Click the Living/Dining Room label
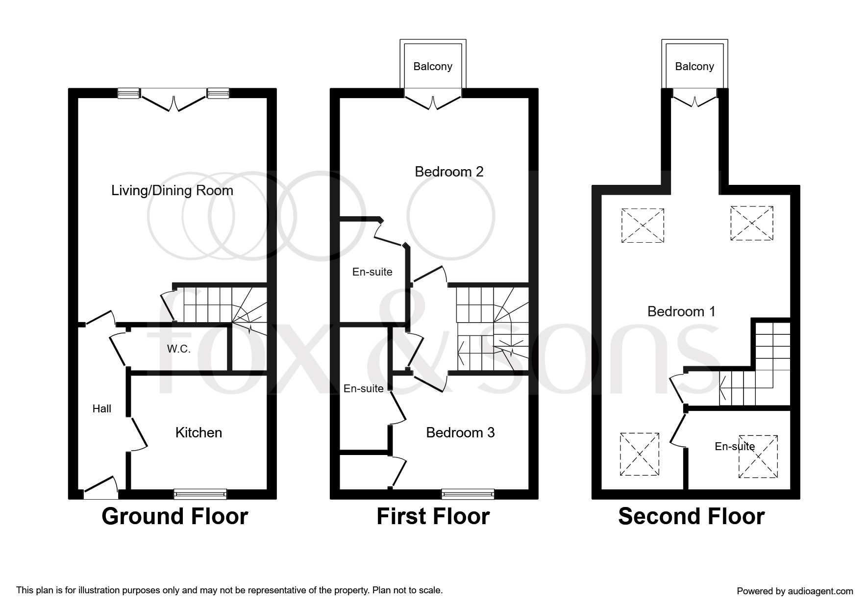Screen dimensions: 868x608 172,190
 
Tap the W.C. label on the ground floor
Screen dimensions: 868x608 178,349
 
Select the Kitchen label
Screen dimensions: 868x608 198,432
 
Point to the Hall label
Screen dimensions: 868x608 102,409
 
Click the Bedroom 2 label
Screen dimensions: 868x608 449,172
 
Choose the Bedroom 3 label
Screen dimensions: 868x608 460,432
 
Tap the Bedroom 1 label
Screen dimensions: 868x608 681,311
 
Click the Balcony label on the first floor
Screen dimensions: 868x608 433,66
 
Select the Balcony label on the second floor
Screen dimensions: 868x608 694,66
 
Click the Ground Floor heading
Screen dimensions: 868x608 174,517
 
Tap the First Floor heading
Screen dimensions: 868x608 433,517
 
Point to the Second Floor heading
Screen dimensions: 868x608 691,517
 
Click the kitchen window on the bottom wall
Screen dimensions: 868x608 200,494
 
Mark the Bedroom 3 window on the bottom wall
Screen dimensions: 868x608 468,494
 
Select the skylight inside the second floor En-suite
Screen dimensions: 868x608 758,456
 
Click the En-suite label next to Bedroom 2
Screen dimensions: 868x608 372,272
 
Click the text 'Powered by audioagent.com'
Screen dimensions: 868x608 795,591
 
